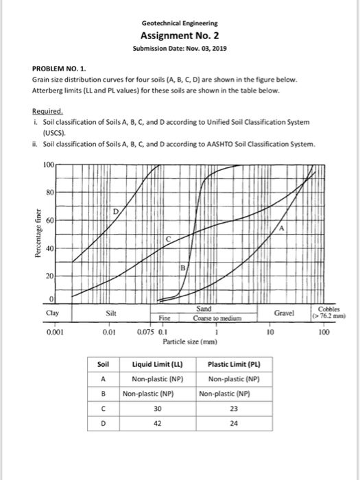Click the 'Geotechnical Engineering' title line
tap(180, 22)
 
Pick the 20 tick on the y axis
tap(49, 275)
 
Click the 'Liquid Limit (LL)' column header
tap(155, 363)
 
